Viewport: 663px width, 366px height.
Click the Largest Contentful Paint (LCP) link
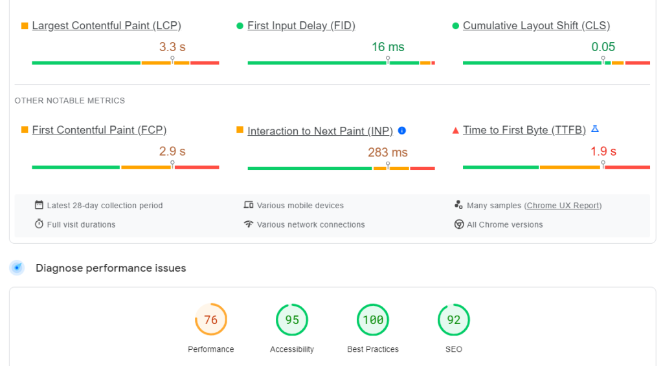(x=106, y=26)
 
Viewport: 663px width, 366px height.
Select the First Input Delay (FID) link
(x=301, y=26)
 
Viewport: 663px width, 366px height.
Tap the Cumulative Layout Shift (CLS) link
(x=536, y=26)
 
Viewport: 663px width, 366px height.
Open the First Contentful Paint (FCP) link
(x=99, y=130)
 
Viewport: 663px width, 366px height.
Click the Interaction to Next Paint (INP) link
(x=320, y=131)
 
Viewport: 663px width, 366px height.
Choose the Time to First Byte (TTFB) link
(x=524, y=130)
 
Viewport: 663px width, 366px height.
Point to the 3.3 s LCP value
(x=172, y=47)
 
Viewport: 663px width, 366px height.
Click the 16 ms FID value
(x=388, y=47)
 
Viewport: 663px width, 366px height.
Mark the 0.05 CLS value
(x=603, y=47)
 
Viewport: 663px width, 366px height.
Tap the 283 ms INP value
(x=388, y=153)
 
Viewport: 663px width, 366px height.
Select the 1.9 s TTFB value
(x=603, y=152)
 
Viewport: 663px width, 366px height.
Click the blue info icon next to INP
(x=402, y=131)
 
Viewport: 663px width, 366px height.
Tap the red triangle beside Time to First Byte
(x=456, y=131)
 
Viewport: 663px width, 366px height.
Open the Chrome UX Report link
(x=563, y=206)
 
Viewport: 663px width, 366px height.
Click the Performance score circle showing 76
(x=211, y=320)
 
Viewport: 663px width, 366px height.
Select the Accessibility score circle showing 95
(x=292, y=320)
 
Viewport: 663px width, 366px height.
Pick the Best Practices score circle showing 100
(x=373, y=320)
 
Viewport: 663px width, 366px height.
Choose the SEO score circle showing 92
(x=454, y=320)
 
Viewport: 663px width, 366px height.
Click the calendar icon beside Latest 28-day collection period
(x=39, y=205)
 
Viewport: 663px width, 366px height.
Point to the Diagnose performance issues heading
(x=111, y=268)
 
